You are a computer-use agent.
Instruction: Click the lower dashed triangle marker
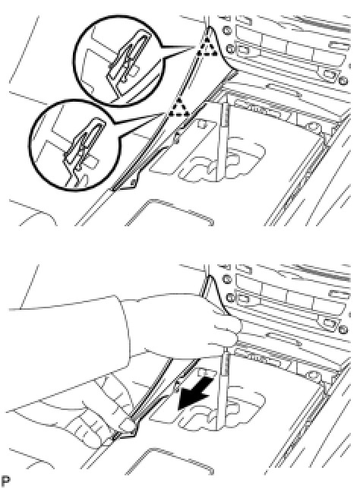coord(178,108)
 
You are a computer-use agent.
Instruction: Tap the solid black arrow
coord(196,393)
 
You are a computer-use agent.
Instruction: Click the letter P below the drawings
coord(5,481)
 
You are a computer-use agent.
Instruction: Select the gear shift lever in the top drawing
coord(223,140)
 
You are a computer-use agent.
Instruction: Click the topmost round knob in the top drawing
coord(227,30)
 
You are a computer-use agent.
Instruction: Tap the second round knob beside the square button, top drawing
coord(231,49)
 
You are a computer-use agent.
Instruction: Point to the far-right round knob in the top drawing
coord(343,80)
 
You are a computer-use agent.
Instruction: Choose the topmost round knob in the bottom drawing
coord(227,279)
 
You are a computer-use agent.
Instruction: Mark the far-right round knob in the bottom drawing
coord(343,330)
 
